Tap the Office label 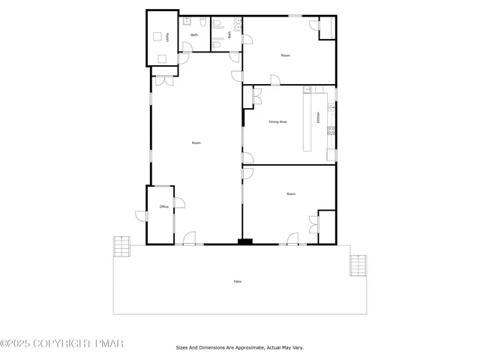[x=163, y=206]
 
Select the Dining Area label [x=278, y=121]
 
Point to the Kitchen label [x=318, y=118]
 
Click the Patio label [x=237, y=281]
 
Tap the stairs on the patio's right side [x=358, y=265]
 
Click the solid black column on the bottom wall [x=244, y=241]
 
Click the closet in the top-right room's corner [x=327, y=28]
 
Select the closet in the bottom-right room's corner [x=326, y=226]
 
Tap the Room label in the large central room [x=196, y=142]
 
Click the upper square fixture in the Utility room [x=157, y=37]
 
